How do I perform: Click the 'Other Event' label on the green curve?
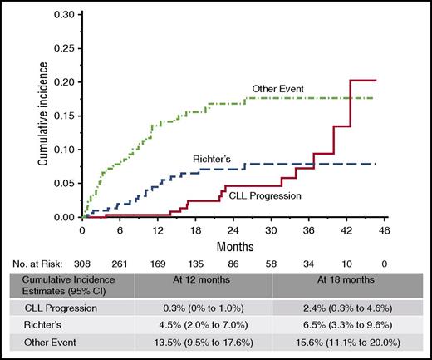tap(277, 89)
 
